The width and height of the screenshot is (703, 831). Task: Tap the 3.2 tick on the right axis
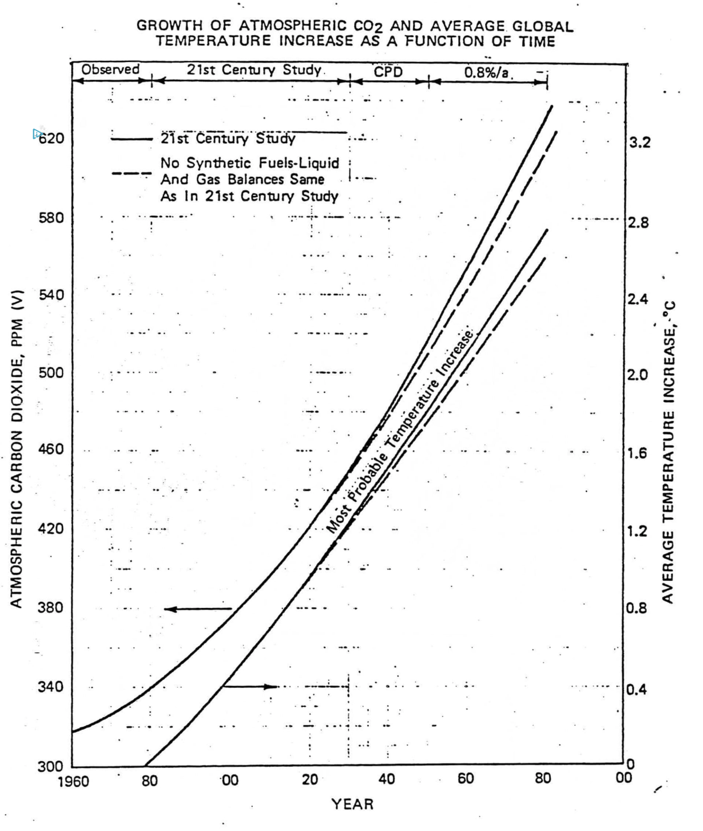(640, 142)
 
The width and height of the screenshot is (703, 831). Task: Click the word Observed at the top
(110, 69)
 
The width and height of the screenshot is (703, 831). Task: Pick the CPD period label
(388, 72)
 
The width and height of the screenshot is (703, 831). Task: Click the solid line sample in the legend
(131, 139)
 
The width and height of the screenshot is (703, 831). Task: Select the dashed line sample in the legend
(131, 173)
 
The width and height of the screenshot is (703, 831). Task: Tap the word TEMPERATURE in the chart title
(213, 41)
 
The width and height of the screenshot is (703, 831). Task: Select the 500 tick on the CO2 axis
(51, 373)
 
